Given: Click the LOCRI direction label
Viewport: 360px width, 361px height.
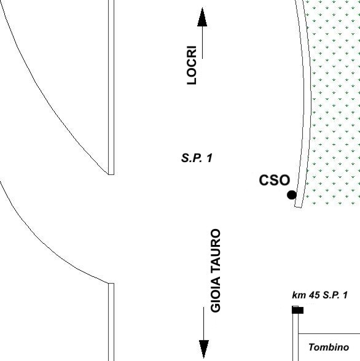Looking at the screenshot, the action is (x=192, y=65).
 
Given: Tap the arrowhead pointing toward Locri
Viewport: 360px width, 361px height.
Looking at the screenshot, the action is (x=202, y=17).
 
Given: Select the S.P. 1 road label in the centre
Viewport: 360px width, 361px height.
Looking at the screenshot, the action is (x=197, y=158).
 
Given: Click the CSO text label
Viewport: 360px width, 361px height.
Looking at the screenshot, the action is (x=275, y=180).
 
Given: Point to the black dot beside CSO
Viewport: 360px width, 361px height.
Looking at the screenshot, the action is (x=292, y=195).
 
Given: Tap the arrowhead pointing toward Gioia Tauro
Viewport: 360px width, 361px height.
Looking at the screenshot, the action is (x=204, y=349).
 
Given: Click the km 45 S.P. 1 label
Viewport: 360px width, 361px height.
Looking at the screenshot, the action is (x=320, y=295).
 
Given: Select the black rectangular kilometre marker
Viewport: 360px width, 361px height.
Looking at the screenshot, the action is (x=297, y=311).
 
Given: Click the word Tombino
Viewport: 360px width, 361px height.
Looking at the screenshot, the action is (x=329, y=347).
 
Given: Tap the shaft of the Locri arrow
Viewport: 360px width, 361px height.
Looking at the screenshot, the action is (x=202, y=42).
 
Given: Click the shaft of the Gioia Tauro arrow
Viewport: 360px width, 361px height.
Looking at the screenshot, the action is (x=203, y=324).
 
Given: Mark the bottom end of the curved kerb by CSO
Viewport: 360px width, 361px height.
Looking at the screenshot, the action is (x=299, y=207).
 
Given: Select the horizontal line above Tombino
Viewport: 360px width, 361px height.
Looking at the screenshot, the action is (x=329, y=333).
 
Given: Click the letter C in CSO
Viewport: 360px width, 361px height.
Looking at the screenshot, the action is (x=264, y=180).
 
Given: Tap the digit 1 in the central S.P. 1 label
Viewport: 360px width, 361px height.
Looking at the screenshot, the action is (x=209, y=158).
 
